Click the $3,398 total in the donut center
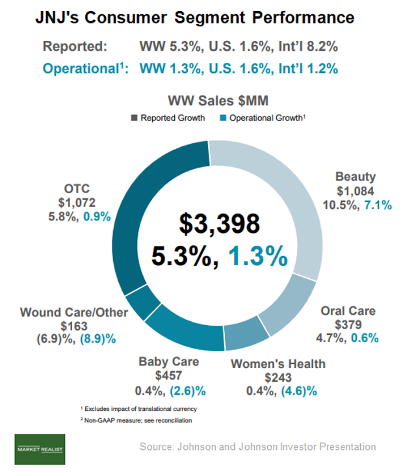tap(219, 223)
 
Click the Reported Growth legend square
tap(134, 118)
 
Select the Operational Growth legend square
tap(223, 118)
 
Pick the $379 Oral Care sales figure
tap(348, 324)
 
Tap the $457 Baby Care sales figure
tap(168, 376)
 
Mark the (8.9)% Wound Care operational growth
tap(97, 339)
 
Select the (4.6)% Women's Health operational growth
tap(300, 391)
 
